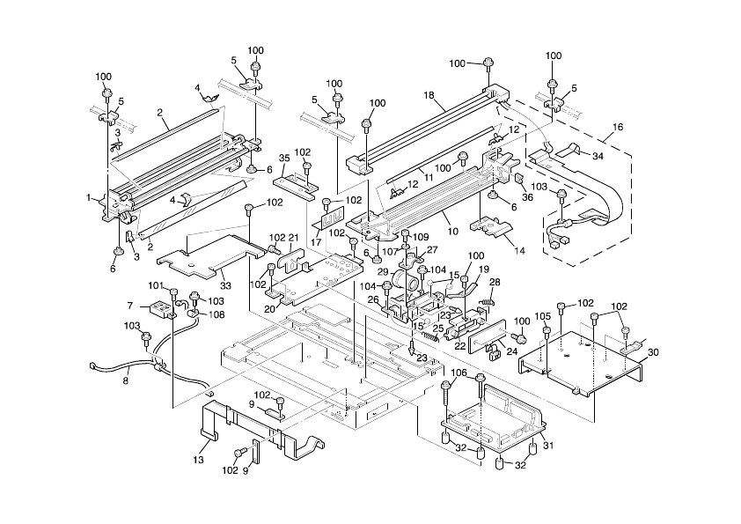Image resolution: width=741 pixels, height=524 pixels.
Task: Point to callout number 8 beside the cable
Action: pyautogui.click(x=125, y=381)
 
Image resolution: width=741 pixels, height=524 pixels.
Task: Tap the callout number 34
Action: pyautogui.click(x=598, y=156)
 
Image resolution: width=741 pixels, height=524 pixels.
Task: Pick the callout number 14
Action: pyautogui.click(x=519, y=250)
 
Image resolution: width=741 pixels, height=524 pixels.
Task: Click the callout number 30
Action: pyautogui.click(x=653, y=351)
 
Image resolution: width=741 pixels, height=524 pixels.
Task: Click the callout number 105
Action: pyautogui.click(x=543, y=315)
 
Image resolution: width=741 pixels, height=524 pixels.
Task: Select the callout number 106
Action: pyautogui.click(x=459, y=373)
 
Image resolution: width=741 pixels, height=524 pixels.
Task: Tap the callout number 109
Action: pyautogui.click(x=420, y=237)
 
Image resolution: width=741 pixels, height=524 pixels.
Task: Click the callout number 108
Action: pyautogui.click(x=216, y=314)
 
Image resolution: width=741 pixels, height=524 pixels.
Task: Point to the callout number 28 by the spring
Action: pyautogui.click(x=495, y=282)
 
